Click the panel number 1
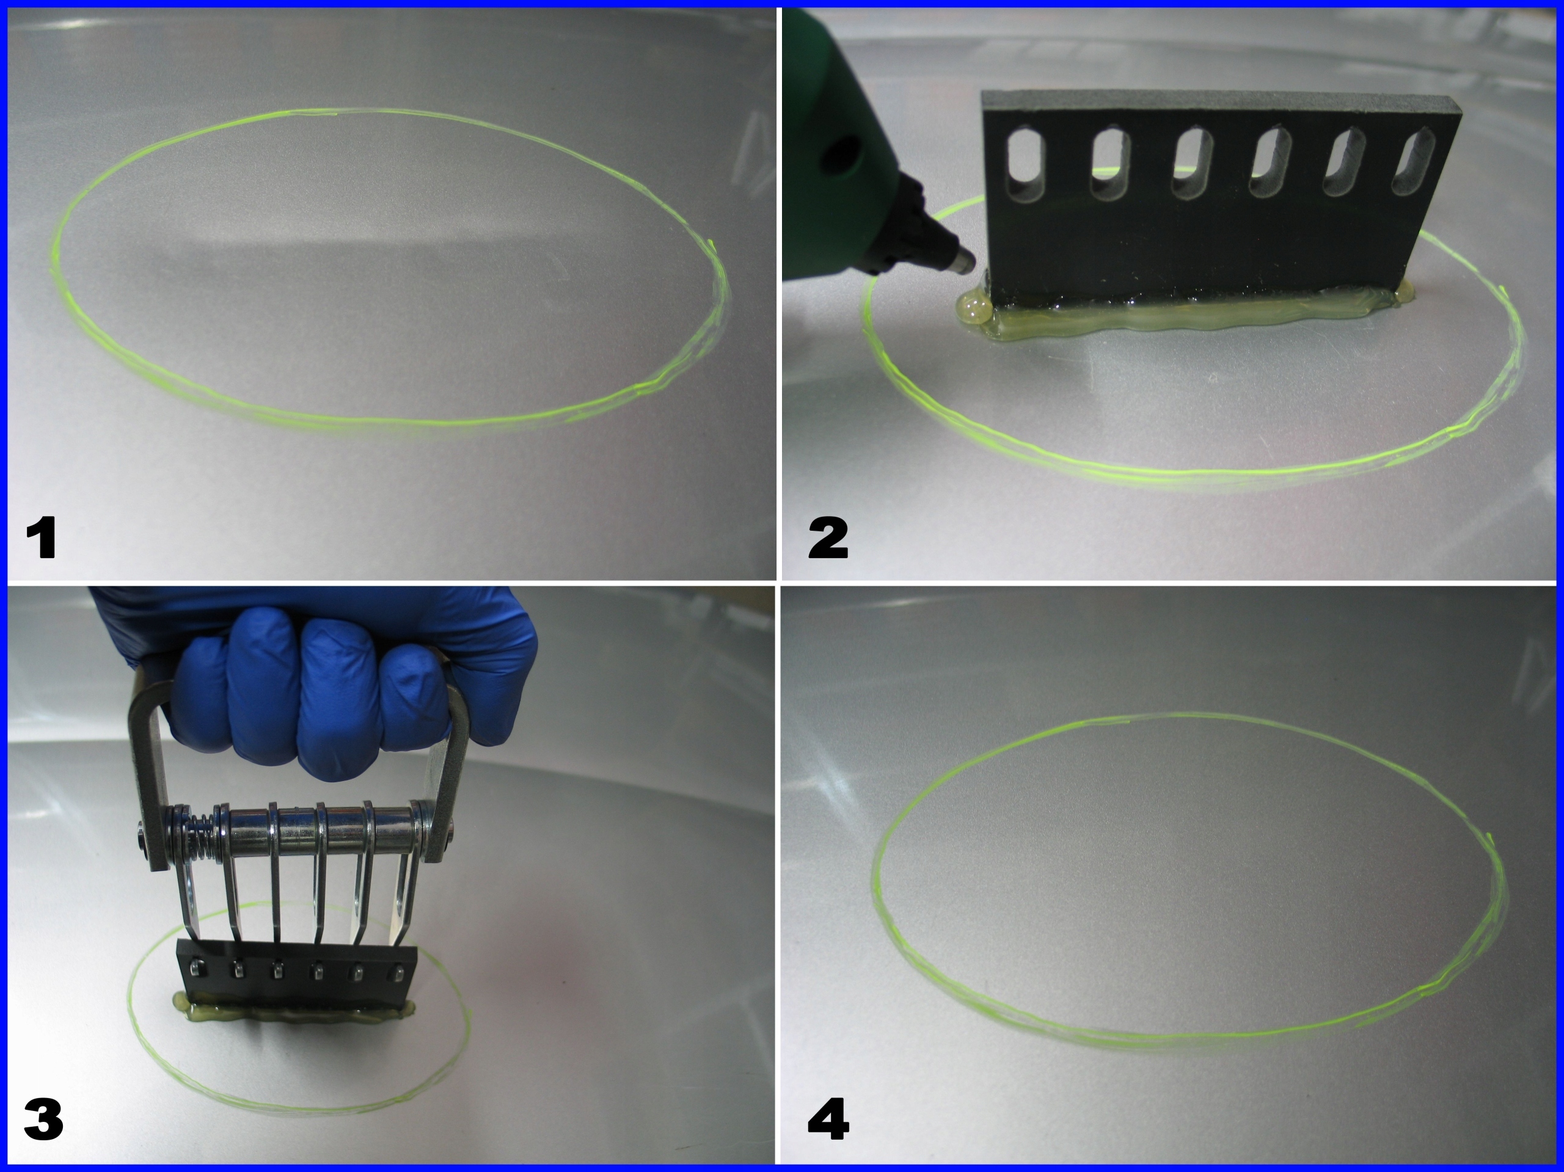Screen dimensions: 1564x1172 41,537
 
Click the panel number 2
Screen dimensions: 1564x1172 828,538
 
